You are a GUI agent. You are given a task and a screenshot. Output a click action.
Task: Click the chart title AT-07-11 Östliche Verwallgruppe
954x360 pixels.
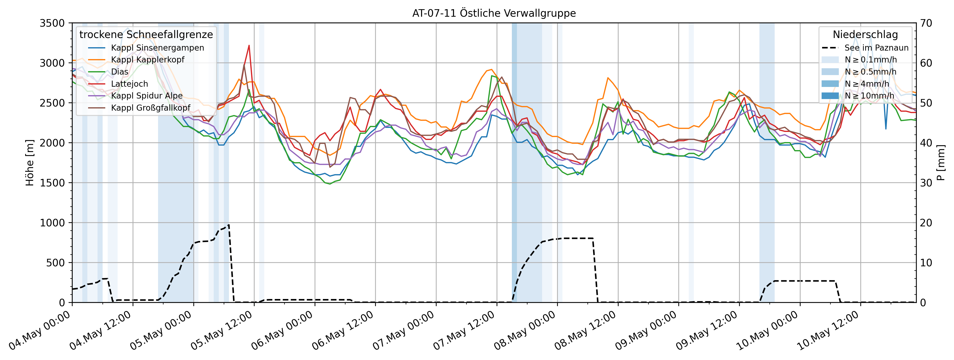coord(494,13)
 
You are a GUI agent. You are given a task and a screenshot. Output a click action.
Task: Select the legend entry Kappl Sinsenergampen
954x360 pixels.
coord(157,48)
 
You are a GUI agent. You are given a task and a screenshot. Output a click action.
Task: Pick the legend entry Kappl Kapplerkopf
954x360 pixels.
coord(147,60)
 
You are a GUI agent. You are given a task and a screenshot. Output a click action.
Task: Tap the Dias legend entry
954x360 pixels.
coord(119,72)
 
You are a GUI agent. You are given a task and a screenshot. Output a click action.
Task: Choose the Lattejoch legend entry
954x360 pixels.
coord(129,84)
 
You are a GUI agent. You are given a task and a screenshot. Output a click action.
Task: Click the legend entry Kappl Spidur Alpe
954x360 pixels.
coord(147,96)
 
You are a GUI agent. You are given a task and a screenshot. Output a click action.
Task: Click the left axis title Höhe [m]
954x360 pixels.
coord(30,163)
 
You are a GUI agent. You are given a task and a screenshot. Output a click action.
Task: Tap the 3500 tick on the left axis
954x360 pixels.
coord(52,23)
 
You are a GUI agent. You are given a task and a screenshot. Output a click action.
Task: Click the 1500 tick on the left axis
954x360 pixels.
coord(52,183)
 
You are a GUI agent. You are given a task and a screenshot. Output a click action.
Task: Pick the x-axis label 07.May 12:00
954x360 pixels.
coord(465,330)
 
